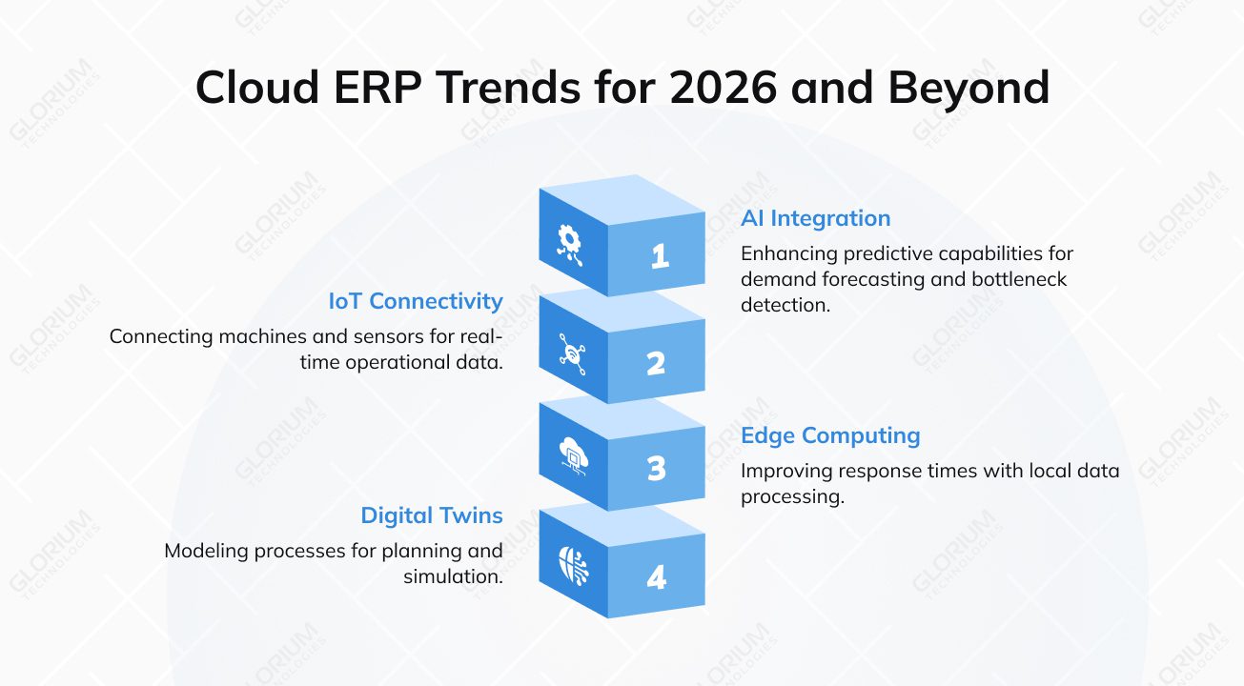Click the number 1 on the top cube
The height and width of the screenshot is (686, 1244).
[660, 255]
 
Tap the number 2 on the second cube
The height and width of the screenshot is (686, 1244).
[656, 363]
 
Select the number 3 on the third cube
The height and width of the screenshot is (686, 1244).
[656, 469]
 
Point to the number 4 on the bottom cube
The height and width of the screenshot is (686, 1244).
[656, 577]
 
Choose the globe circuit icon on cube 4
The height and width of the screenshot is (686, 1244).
[573, 564]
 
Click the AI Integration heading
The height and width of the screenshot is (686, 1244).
[815, 218]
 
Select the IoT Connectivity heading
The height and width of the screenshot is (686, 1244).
[416, 301]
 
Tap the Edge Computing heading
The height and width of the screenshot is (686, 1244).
[830, 435]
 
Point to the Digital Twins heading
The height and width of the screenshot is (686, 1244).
[431, 515]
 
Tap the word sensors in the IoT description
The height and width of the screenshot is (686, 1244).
[391, 336]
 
